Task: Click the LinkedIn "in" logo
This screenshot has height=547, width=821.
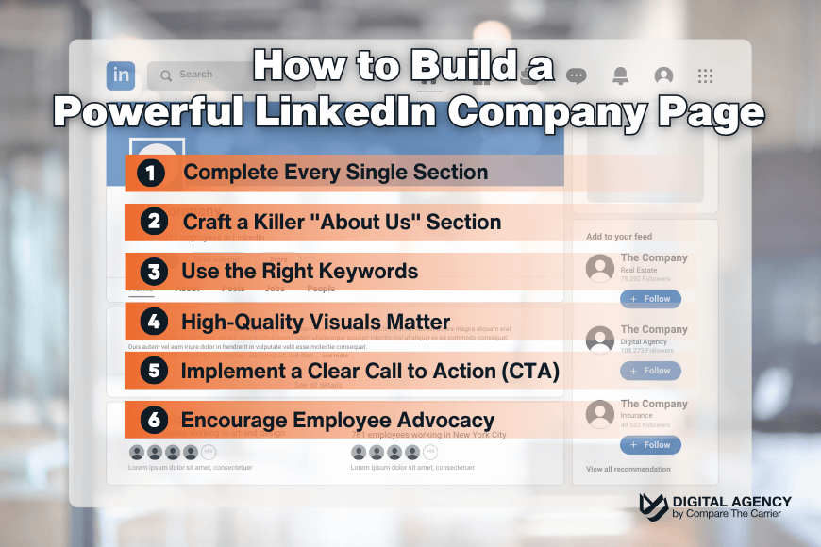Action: coord(121,75)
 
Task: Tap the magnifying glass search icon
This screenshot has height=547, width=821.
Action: coord(166,75)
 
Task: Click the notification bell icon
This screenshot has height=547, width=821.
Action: coord(620,75)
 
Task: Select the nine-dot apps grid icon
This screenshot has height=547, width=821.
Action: coord(704,75)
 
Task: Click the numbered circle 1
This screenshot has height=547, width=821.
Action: coord(151,173)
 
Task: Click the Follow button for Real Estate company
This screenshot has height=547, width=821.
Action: coord(650,299)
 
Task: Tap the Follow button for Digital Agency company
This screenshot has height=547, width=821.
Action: coord(650,371)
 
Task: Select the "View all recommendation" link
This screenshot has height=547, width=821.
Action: coord(628,469)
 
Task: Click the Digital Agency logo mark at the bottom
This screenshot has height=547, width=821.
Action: coord(653,507)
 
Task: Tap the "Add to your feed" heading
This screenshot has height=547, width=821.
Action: coord(619,237)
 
